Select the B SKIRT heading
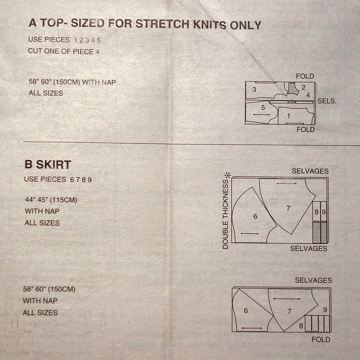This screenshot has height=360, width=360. click(48, 165)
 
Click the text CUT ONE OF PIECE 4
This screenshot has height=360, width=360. click(64, 51)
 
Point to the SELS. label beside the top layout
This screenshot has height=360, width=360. click(327, 102)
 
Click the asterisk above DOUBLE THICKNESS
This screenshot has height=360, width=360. click(227, 176)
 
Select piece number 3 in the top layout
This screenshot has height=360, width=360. click(254, 90)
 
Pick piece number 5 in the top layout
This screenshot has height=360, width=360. click(263, 107)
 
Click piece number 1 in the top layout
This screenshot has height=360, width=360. click(288, 116)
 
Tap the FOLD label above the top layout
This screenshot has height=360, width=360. click(305, 76)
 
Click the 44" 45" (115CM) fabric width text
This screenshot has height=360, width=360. click(51, 200)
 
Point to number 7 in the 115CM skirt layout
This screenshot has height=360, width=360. click(288, 208)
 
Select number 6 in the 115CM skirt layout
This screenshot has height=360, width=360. click(255, 216)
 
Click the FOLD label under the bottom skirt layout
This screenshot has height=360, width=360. click(321, 339)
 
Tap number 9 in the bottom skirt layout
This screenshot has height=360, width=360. click(325, 310)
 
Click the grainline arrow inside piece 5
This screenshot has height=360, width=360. click(261, 114)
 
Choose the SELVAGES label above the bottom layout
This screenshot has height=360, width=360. click(313, 280)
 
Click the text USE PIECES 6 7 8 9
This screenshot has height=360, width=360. click(58, 179)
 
